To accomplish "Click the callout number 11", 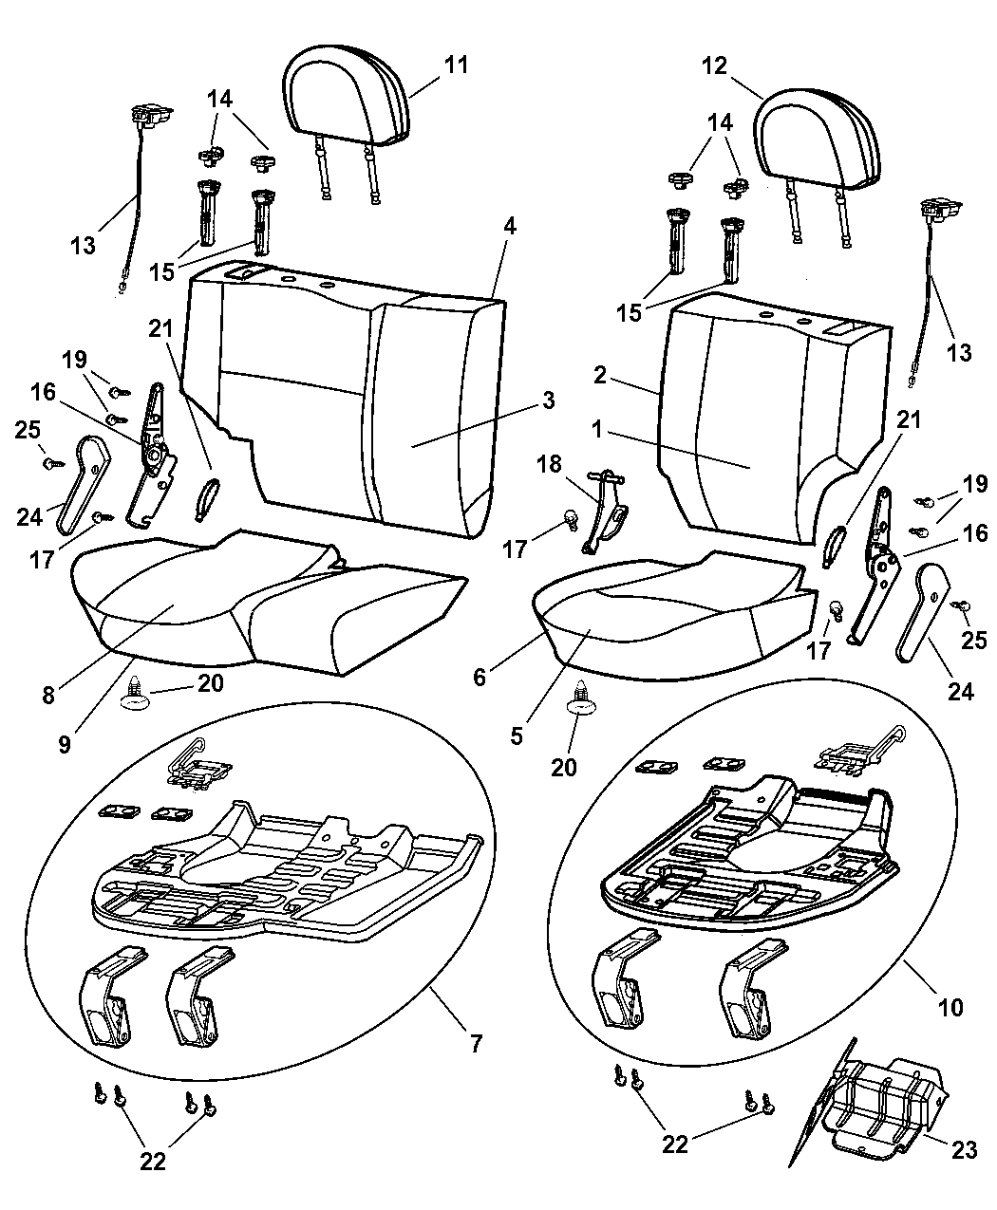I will pyautogui.click(x=457, y=65).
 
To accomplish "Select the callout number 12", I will pyautogui.click(x=714, y=65).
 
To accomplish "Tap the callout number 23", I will pyautogui.click(x=964, y=1150).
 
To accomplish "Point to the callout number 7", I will pyautogui.click(x=476, y=1044).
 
